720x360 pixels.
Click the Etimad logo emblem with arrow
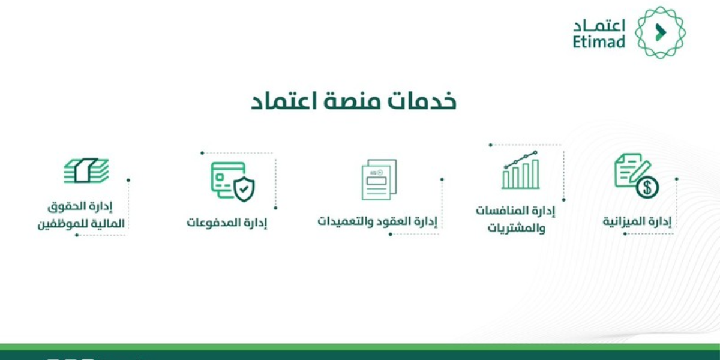point(660,32)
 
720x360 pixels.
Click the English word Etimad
point(599,41)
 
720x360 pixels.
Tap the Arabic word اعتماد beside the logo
point(599,26)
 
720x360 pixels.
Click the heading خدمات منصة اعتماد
point(353,101)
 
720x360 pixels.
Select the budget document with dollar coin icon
point(636,175)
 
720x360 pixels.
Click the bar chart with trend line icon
point(520,170)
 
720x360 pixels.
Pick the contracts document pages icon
point(379,179)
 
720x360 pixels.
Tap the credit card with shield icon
point(232,181)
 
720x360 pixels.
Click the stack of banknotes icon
point(86,170)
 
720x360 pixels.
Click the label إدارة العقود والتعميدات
point(377,221)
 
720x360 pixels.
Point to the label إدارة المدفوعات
point(227,222)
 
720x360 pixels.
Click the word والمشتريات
point(517,229)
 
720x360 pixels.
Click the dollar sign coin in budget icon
point(647,188)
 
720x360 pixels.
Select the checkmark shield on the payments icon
point(243,190)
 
